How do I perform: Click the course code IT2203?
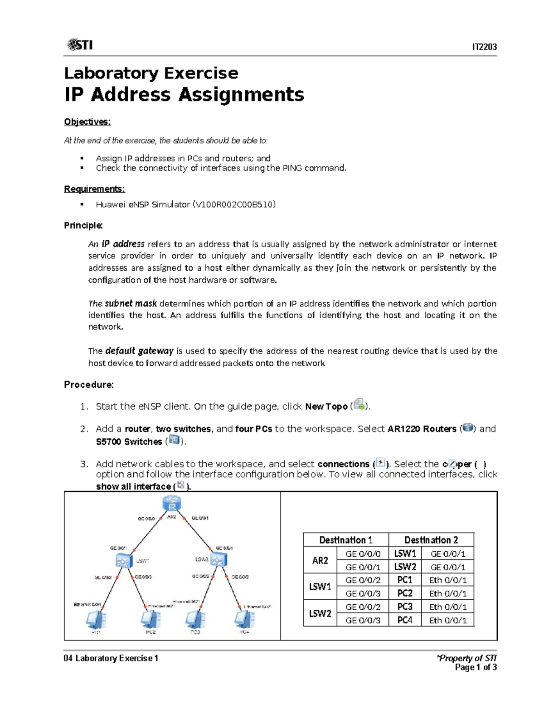(x=484, y=47)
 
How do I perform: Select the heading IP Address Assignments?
(x=184, y=95)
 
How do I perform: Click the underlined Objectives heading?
(x=87, y=121)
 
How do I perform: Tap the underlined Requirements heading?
(x=94, y=189)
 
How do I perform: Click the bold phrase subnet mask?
(x=131, y=303)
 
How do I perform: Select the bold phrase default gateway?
(x=139, y=351)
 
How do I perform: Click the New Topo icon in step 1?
(x=359, y=404)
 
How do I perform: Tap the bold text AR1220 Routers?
(x=422, y=429)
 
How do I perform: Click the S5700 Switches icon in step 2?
(x=174, y=440)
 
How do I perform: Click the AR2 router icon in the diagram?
(x=172, y=504)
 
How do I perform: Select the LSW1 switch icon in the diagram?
(x=123, y=561)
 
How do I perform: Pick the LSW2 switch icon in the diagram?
(x=219, y=560)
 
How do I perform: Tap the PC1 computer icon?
(x=96, y=620)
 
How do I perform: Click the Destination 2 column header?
(x=431, y=540)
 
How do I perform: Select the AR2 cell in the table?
(x=320, y=560)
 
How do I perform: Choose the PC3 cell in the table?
(x=404, y=607)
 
